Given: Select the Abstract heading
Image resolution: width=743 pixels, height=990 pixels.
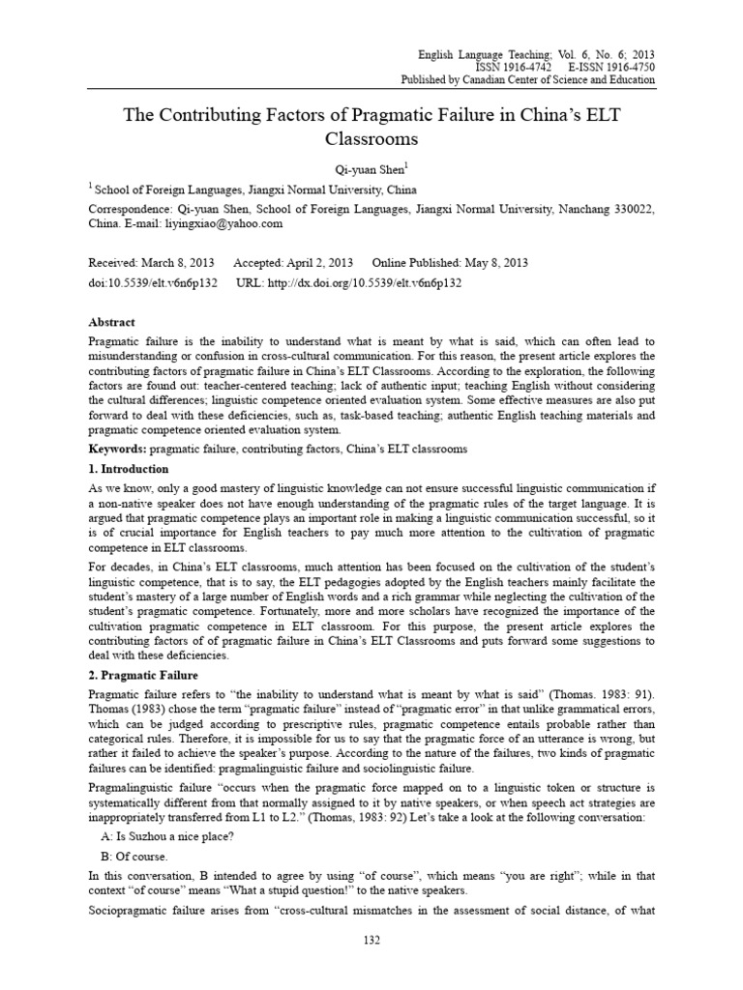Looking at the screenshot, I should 112,322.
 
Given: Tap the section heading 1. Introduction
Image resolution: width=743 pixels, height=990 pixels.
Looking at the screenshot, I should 129,468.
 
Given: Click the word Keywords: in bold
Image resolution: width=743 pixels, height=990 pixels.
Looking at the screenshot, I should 121,449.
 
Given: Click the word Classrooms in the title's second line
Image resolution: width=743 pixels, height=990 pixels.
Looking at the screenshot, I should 371,139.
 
